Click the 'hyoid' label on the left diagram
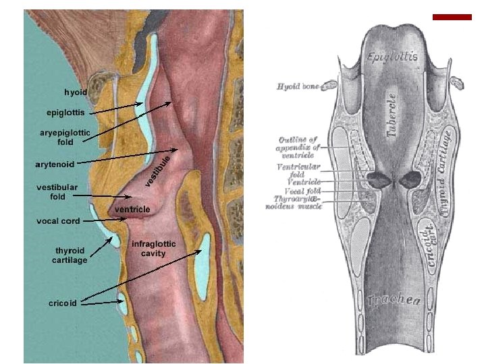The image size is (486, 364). pyautogui.click(x=75, y=92)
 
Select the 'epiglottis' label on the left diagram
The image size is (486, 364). pyautogui.click(x=65, y=112)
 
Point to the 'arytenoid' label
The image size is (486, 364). pyautogui.click(x=55, y=164)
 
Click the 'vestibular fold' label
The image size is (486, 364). pyautogui.click(x=57, y=191)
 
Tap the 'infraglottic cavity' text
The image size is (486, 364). pyautogui.click(x=153, y=248)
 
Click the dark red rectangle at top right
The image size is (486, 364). pyautogui.click(x=452, y=17)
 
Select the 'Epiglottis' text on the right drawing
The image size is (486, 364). pyautogui.click(x=392, y=57)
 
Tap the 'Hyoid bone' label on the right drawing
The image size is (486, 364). pyautogui.click(x=298, y=86)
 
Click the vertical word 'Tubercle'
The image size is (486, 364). pyautogui.click(x=393, y=115)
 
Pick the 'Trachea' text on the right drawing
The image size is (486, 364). pyautogui.click(x=394, y=301)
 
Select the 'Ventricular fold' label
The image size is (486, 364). pyautogui.click(x=299, y=169)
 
